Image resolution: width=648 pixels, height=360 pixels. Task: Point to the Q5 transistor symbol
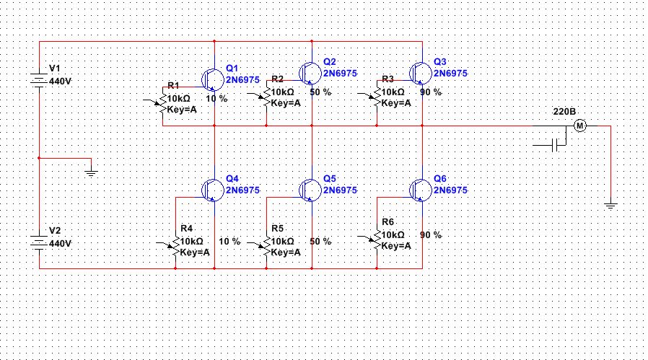(x=310, y=189)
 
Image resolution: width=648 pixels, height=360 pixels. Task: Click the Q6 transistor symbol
(x=420, y=189)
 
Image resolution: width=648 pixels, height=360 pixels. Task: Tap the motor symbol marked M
(x=580, y=126)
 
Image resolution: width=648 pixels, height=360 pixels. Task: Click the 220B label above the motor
(x=564, y=113)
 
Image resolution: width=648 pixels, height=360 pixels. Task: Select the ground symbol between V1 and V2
(x=91, y=172)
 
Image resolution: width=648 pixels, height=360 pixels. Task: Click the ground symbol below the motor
(x=610, y=206)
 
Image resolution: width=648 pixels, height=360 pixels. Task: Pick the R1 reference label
(x=173, y=86)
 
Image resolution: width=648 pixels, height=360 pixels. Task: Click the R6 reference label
(x=388, y=221)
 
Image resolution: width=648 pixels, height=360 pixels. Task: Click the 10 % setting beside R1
(x=216, y=98)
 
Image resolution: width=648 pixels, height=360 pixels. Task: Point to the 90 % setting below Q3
(x=430, y=92)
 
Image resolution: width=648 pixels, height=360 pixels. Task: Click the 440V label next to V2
(x=60, y=244)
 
